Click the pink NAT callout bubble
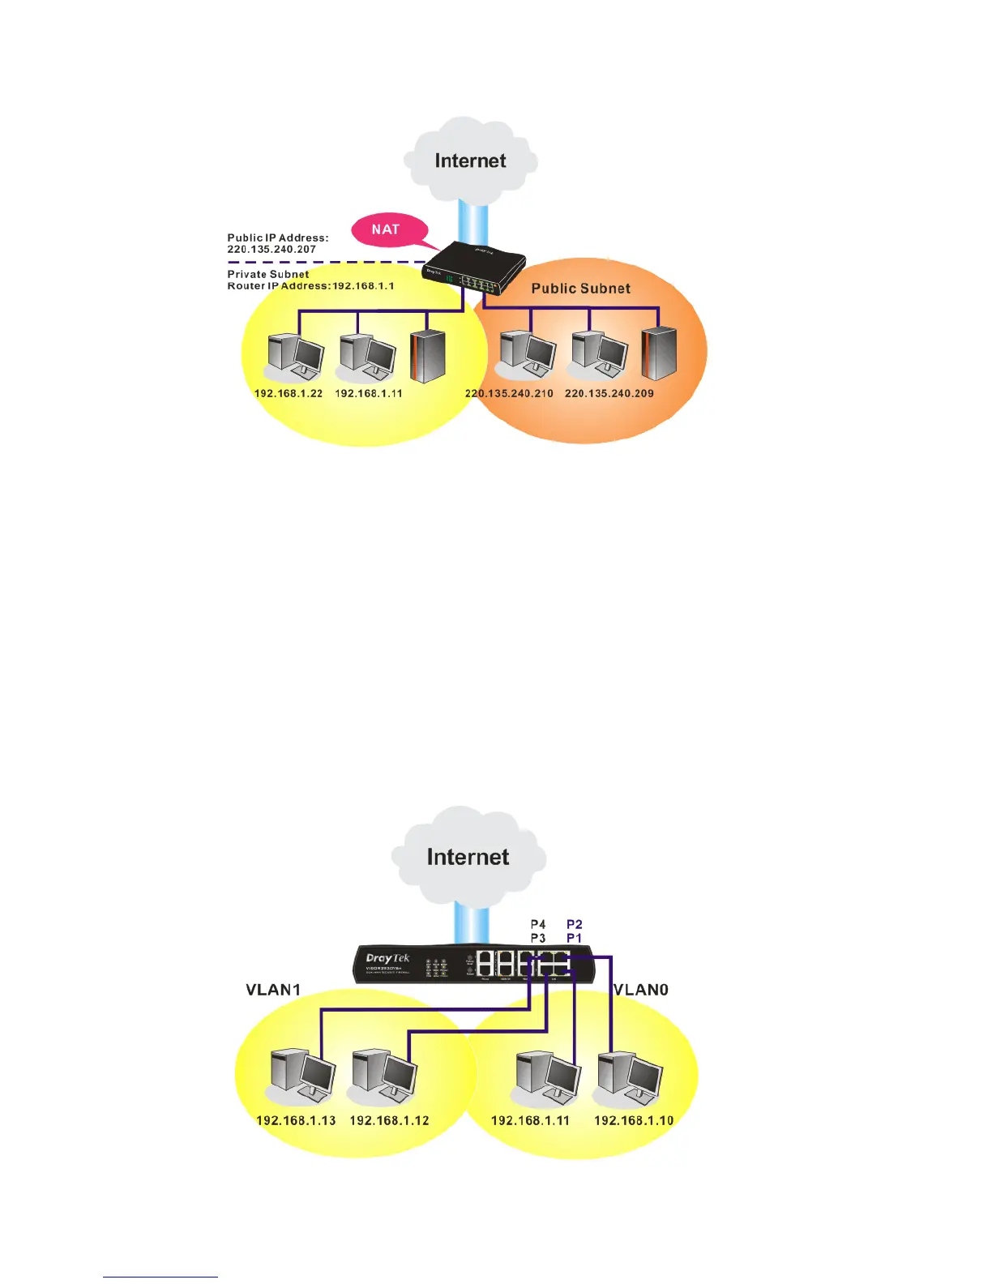[x=386, y=229]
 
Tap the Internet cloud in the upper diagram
[x=470, y=160]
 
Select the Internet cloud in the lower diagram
[x=468, y=857]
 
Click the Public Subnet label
[x=580, y=289]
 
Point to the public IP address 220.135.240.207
[x=272, y=250]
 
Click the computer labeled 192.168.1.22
[x=294, y=357]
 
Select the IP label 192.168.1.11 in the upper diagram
[x=369, y=393]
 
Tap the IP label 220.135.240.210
[x=509, y=393]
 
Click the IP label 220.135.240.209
[x=609, y=393]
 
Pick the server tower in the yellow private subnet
[x=428, y=356]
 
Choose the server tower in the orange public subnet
[x=658, y=353]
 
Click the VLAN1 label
[x=273, y=990]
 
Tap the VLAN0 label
[x=641, y=990]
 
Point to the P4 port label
[x=538, y=924]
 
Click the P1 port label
[x=574, y=938]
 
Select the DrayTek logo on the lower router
[x=388, y=959]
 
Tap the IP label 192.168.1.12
[x=389, y=1121]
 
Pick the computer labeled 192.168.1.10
[x=630, y=1078]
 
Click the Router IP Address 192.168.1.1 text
[x=310, y=286]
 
